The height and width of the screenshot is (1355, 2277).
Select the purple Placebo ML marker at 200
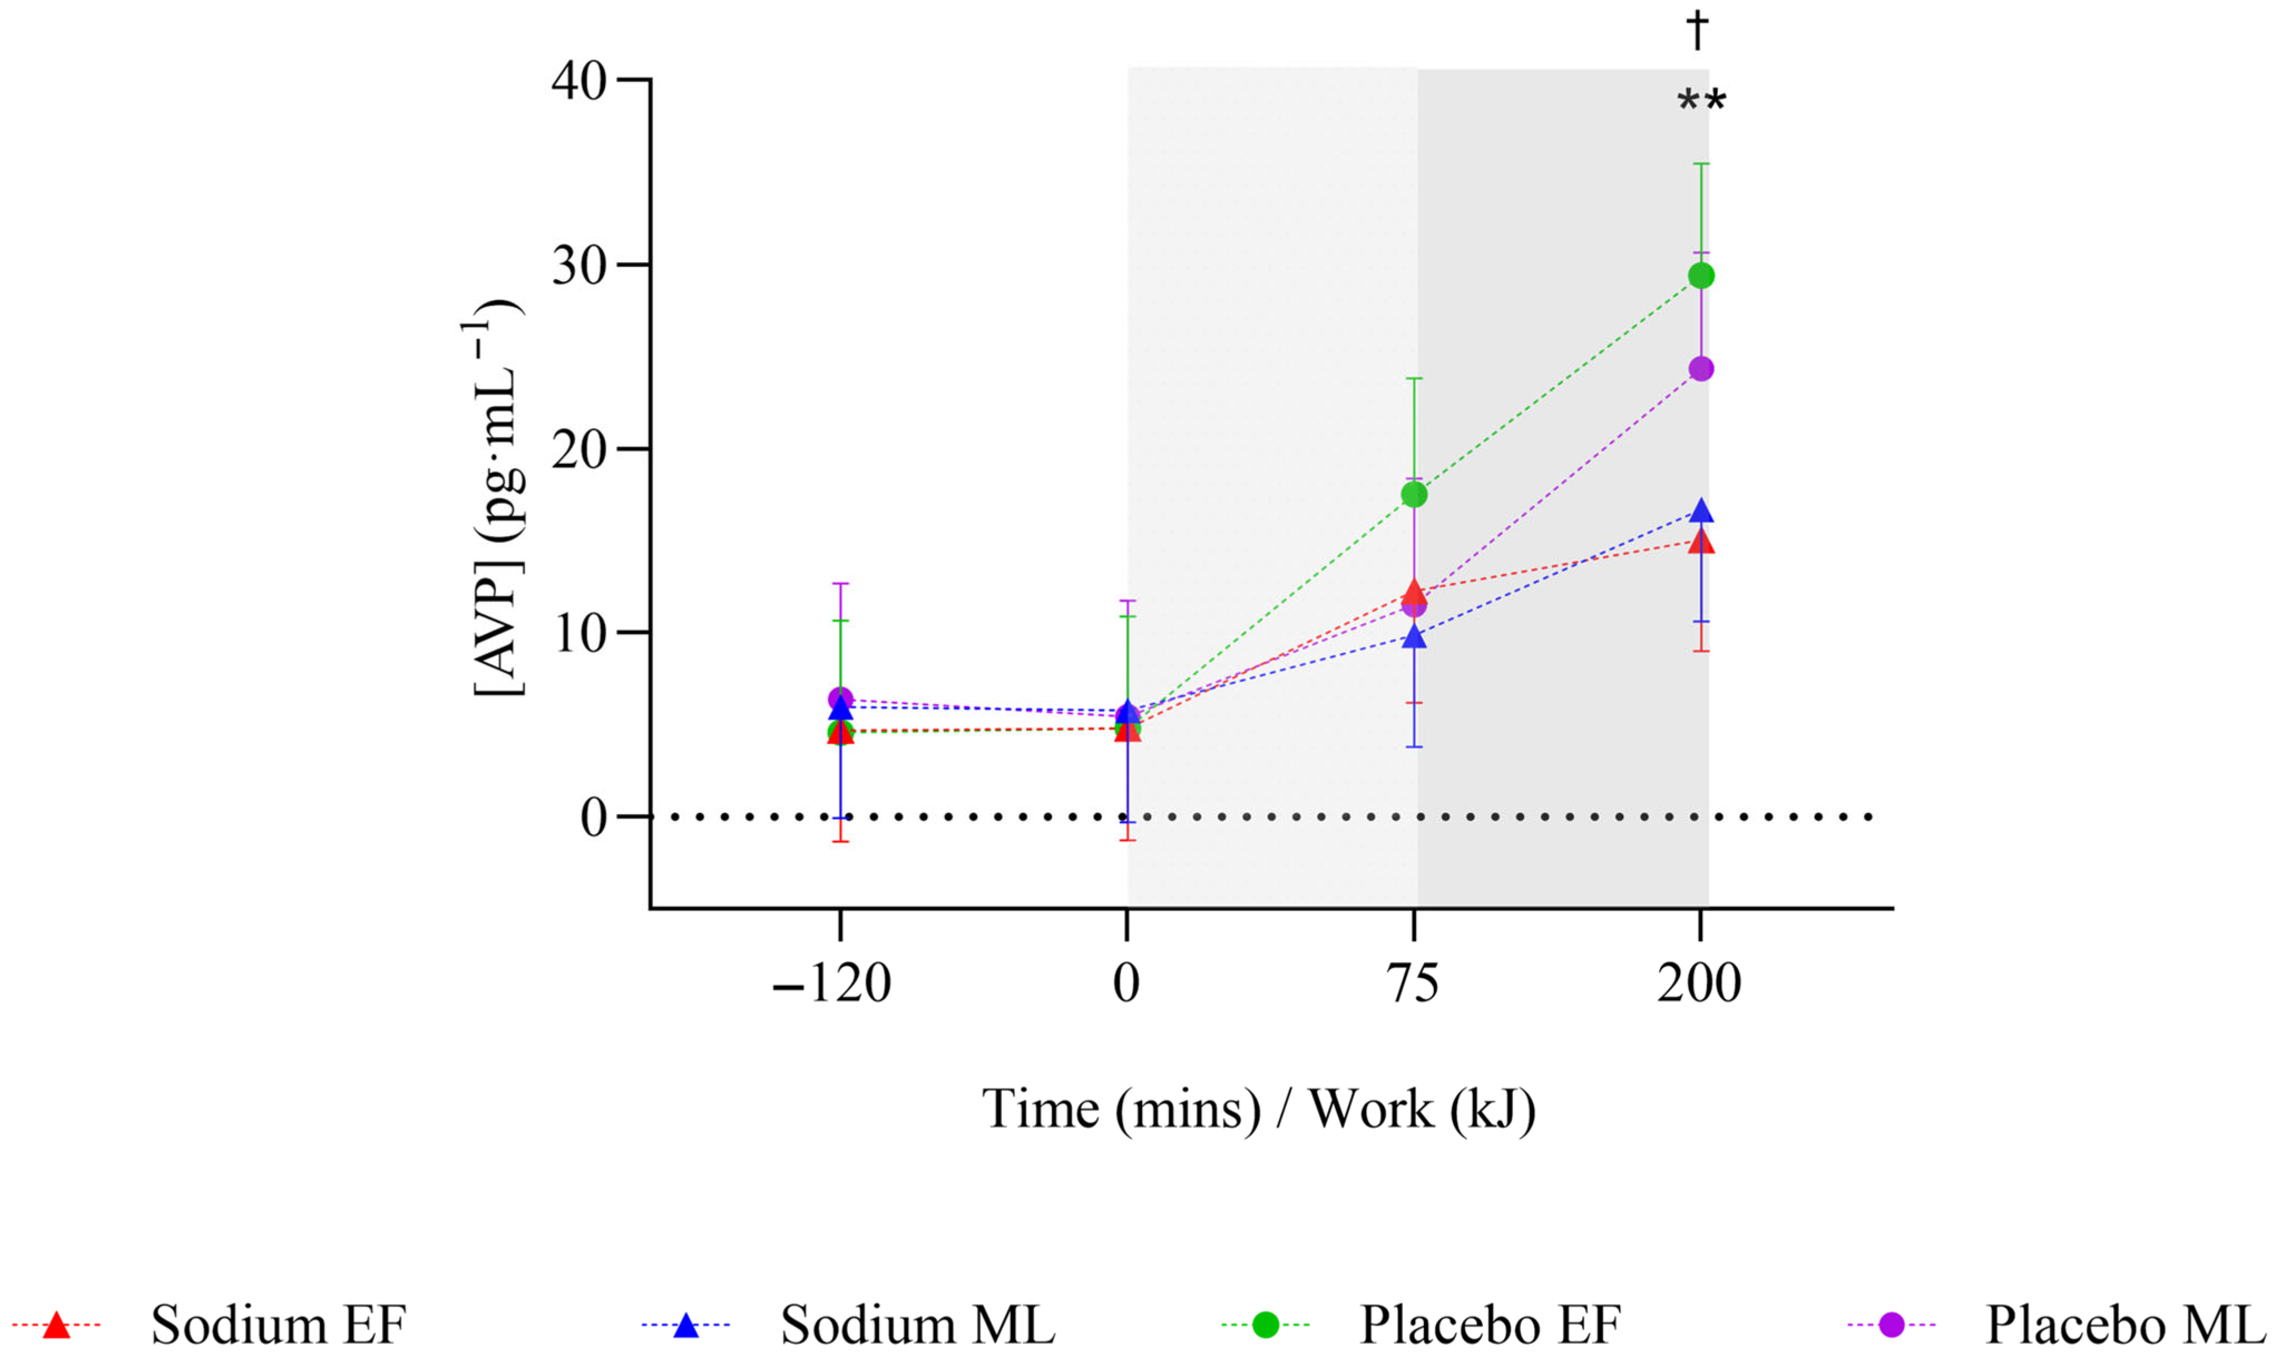[1700, 369]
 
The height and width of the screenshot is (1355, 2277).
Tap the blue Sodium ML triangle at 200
[1700, 512]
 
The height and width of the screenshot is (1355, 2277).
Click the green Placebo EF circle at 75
[1413, 494]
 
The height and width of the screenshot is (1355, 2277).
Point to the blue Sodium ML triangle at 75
[1413, 637]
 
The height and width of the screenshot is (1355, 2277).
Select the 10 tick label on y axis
[579, 634]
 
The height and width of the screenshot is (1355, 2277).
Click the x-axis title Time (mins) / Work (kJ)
[1258, 1109]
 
